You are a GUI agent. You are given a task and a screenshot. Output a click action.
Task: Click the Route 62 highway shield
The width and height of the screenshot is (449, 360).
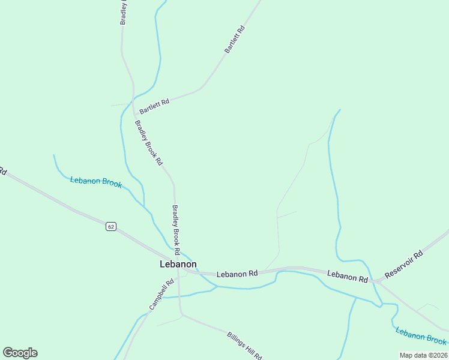[110, 226]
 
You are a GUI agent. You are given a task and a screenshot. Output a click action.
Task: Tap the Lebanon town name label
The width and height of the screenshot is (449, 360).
[178, 264]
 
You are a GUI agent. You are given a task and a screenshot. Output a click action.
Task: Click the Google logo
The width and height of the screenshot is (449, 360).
[20, 352]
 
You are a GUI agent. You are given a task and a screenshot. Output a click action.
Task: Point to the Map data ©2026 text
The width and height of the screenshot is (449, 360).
[423, 355]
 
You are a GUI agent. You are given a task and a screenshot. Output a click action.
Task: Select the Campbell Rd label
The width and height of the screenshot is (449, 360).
[161, 294]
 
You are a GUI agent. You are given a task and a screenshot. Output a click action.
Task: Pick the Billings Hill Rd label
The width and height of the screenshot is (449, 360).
[245, 345]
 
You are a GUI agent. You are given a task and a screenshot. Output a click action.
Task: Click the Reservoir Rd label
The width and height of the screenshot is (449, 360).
[404, 264]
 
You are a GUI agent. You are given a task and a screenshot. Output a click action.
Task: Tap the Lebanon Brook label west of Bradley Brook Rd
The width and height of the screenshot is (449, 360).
[96, 182]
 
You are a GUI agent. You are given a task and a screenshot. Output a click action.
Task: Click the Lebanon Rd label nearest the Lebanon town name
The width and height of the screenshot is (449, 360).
[237, 274]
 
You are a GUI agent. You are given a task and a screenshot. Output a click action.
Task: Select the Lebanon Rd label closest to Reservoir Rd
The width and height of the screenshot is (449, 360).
[348, 276]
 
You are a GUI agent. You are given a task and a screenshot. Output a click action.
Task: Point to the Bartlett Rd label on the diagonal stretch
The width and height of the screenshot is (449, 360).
[235, 40]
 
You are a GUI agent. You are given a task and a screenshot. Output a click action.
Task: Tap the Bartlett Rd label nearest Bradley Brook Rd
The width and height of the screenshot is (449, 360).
[154, 107]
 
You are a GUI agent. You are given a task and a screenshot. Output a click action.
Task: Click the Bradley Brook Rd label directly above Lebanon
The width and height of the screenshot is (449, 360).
[176, 228]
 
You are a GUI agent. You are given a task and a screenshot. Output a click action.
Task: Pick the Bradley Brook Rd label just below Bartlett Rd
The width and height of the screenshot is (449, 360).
[148, 143]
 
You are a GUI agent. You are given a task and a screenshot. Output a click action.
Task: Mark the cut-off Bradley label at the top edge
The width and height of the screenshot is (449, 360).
[124, 12]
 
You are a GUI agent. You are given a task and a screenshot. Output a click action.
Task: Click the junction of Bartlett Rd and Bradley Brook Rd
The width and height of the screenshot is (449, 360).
[133, 103]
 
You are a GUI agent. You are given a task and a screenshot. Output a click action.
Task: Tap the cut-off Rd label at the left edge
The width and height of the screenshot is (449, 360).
[2, 172]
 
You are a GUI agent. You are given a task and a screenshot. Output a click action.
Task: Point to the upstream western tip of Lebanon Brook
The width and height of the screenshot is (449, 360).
[53, 155]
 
